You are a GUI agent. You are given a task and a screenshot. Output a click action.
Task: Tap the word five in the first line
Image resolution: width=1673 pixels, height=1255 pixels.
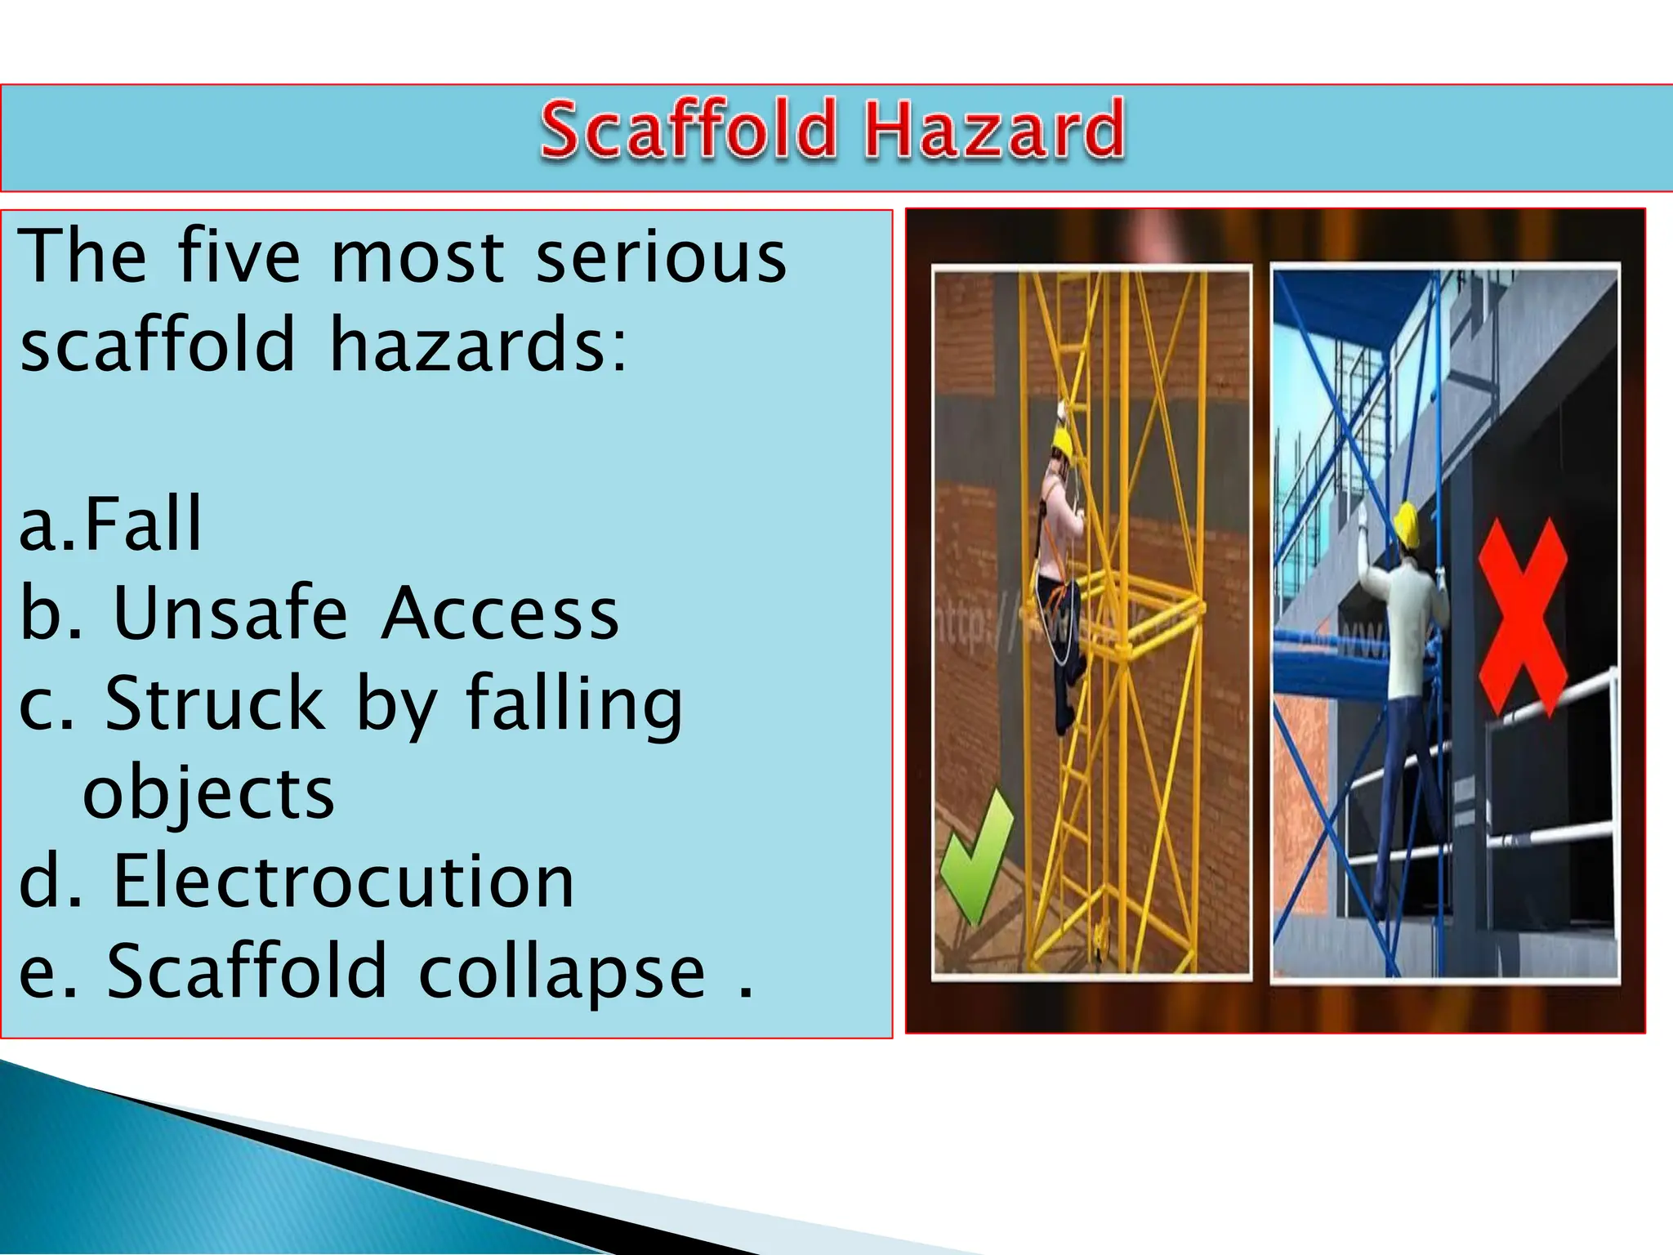[239, 257]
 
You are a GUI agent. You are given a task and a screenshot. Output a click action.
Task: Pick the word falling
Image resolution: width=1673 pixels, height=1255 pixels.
[573, 704]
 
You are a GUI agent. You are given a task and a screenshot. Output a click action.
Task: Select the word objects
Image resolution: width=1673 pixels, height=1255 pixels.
[209, 794]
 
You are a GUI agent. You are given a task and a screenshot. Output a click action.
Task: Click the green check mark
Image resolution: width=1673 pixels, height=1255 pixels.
[976, 854]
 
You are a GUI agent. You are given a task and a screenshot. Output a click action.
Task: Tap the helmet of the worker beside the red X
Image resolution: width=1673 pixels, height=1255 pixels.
[1406, 523]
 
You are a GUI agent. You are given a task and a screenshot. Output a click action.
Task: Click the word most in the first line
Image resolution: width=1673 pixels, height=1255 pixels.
[417, 257]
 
